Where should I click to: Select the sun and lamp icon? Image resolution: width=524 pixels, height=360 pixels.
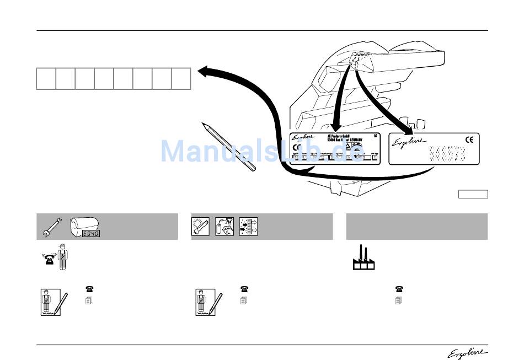pyautogui.click(x=200, y=227)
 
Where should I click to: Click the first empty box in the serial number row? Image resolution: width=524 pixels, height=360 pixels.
pyautogui.click(x=46, y=78)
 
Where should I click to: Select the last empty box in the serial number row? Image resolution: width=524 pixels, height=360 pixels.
pyautogui.click(x=181, y=78)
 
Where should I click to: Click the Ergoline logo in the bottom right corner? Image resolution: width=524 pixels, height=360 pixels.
pyautogui.click(x=472, y=352)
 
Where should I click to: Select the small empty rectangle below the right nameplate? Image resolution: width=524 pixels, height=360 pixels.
pyautogui.click(x=473, y=194)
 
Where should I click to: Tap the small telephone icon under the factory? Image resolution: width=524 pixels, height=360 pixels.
pyautogui.click(x=398, y=288)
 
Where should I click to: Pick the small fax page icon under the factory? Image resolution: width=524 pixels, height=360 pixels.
pyautogui.click(x=398, y=301)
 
